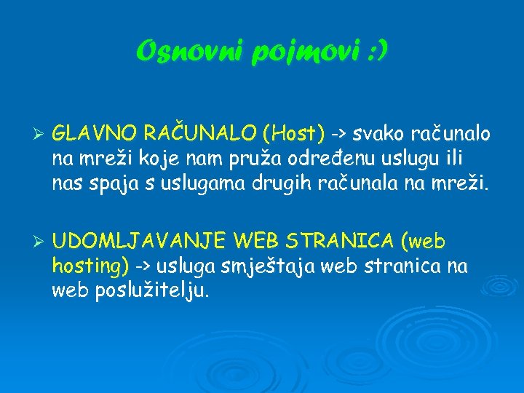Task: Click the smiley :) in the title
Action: [376, 52]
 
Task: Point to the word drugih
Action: [283, 183]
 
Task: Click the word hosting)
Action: [91, 266]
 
